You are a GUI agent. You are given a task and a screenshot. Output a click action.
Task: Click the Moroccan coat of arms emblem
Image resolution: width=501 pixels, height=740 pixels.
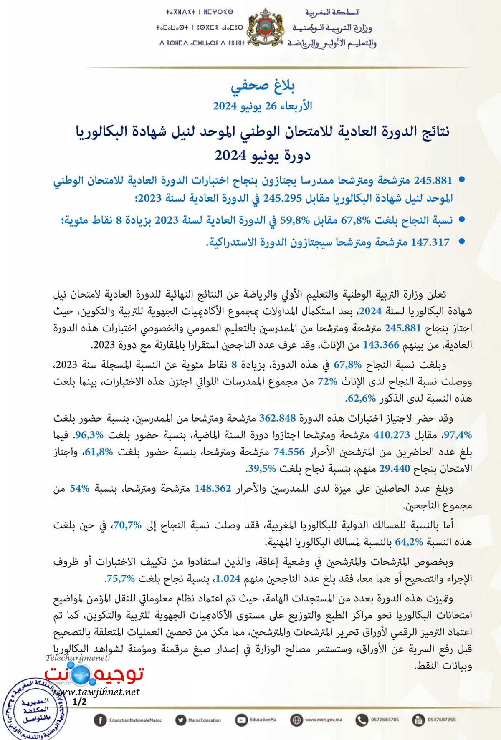266,27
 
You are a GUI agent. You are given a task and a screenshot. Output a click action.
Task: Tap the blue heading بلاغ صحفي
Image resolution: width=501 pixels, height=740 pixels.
263,86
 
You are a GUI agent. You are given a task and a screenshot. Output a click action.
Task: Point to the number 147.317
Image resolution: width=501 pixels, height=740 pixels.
430,242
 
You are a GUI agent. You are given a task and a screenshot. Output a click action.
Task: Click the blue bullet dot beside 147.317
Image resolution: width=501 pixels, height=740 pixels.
462,241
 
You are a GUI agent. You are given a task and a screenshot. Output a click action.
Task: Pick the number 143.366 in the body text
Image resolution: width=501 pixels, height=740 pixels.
381,345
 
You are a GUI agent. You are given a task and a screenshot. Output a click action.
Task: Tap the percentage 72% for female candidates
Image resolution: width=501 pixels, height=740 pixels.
327,381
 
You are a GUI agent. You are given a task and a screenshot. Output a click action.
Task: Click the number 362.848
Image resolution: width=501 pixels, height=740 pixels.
278,418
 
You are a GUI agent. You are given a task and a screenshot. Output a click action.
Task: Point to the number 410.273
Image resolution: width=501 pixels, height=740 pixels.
392,435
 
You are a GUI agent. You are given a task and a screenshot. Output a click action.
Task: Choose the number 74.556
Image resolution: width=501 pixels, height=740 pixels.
289,452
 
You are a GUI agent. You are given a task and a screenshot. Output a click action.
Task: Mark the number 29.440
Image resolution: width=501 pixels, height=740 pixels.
395,468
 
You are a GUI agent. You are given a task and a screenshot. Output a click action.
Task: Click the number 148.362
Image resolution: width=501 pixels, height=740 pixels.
213,488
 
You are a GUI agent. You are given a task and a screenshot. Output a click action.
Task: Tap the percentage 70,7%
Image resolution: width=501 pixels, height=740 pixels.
127,525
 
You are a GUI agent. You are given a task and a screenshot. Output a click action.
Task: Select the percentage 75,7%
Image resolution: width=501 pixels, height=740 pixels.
120,578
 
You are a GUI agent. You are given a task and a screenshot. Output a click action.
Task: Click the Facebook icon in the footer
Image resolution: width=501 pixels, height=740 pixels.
100,720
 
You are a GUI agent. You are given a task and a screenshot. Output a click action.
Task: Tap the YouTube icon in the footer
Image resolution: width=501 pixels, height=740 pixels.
241,720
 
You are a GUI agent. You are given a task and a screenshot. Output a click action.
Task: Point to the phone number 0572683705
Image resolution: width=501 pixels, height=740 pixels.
385,720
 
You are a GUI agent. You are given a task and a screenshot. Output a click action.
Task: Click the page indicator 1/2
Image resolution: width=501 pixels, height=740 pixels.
79,701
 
